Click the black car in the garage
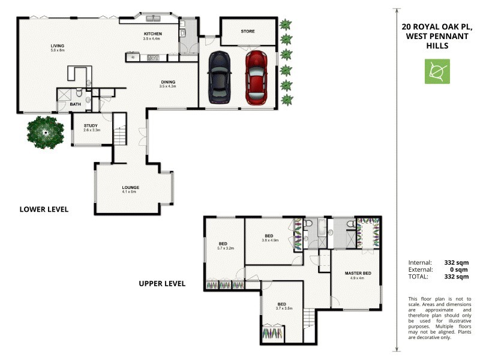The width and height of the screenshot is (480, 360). point(219,78)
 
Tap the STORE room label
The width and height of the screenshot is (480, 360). point(248,31)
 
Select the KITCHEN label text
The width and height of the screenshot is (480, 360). point(153,34)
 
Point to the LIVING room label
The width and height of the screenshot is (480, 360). point(58,46)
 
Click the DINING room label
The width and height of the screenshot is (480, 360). point(167,82)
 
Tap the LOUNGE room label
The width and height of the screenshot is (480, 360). point(130,188)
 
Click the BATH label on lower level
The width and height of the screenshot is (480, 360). point(75,104)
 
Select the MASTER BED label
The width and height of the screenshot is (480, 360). point(358,274)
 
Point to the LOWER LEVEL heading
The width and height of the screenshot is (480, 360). point(44,209)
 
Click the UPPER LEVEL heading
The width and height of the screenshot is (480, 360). point(162,283)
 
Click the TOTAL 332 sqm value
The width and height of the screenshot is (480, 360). point(457,277)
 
